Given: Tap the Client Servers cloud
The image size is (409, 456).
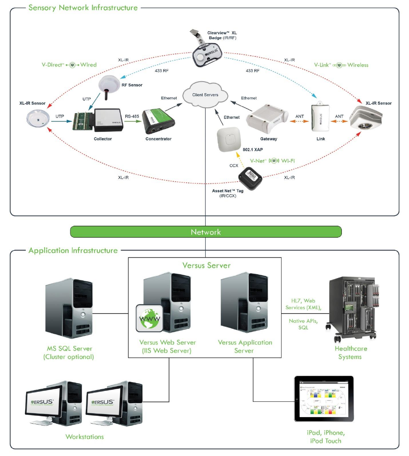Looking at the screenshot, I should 205,95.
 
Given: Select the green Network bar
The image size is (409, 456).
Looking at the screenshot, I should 206,232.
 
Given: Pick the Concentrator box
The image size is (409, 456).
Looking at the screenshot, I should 158,123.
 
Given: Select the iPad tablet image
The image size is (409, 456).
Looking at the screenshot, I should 324,398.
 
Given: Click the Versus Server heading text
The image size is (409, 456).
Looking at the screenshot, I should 206,266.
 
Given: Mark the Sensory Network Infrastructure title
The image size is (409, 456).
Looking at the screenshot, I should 83,8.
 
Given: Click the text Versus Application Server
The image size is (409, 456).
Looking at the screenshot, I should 245,346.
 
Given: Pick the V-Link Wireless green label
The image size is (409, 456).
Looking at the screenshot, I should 341,65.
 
